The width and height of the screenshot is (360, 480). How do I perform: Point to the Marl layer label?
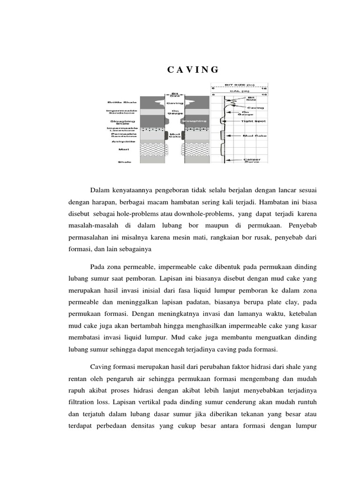[124, 150]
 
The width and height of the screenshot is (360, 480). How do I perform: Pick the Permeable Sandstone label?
[120, 135]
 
